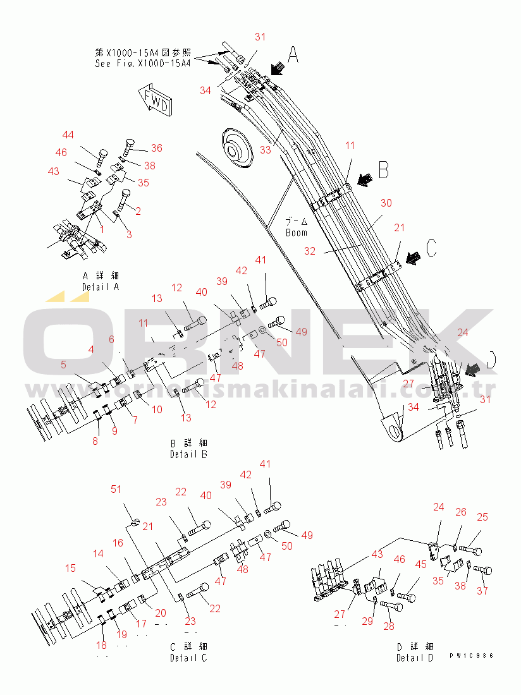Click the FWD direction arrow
tap(154, 99)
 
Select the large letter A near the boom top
tap(293, 55)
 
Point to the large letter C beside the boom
tap(430, 248)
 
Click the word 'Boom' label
tap(296, 232)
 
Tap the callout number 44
tap(68, 135)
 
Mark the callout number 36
tap(156, 148)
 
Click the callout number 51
tap(116, 489)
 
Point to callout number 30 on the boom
tap(386, 203)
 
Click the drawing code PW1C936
tap(471, 657)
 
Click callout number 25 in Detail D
tap(482, 517)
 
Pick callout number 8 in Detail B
tap(95, 441)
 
